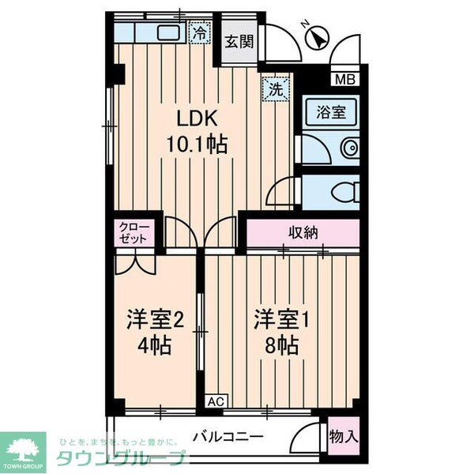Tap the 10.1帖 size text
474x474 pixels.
196,145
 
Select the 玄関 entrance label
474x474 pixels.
239,41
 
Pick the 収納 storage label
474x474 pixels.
303,234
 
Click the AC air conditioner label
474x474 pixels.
216,402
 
